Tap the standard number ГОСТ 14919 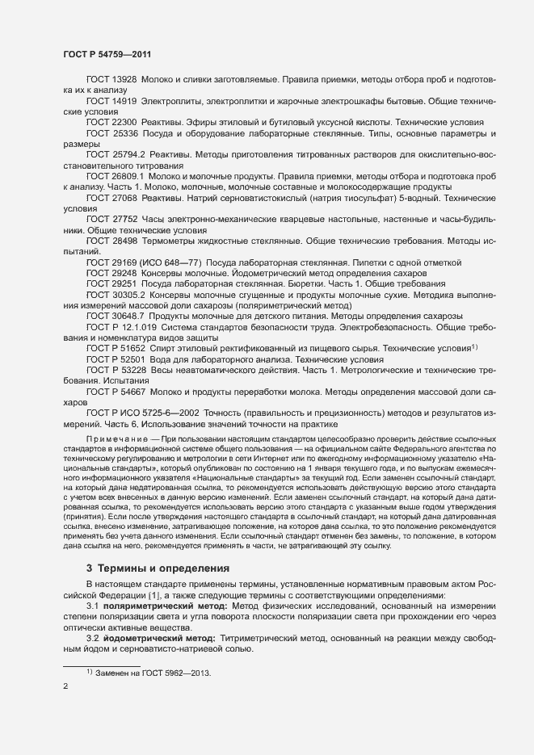[x=111, y=103]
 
